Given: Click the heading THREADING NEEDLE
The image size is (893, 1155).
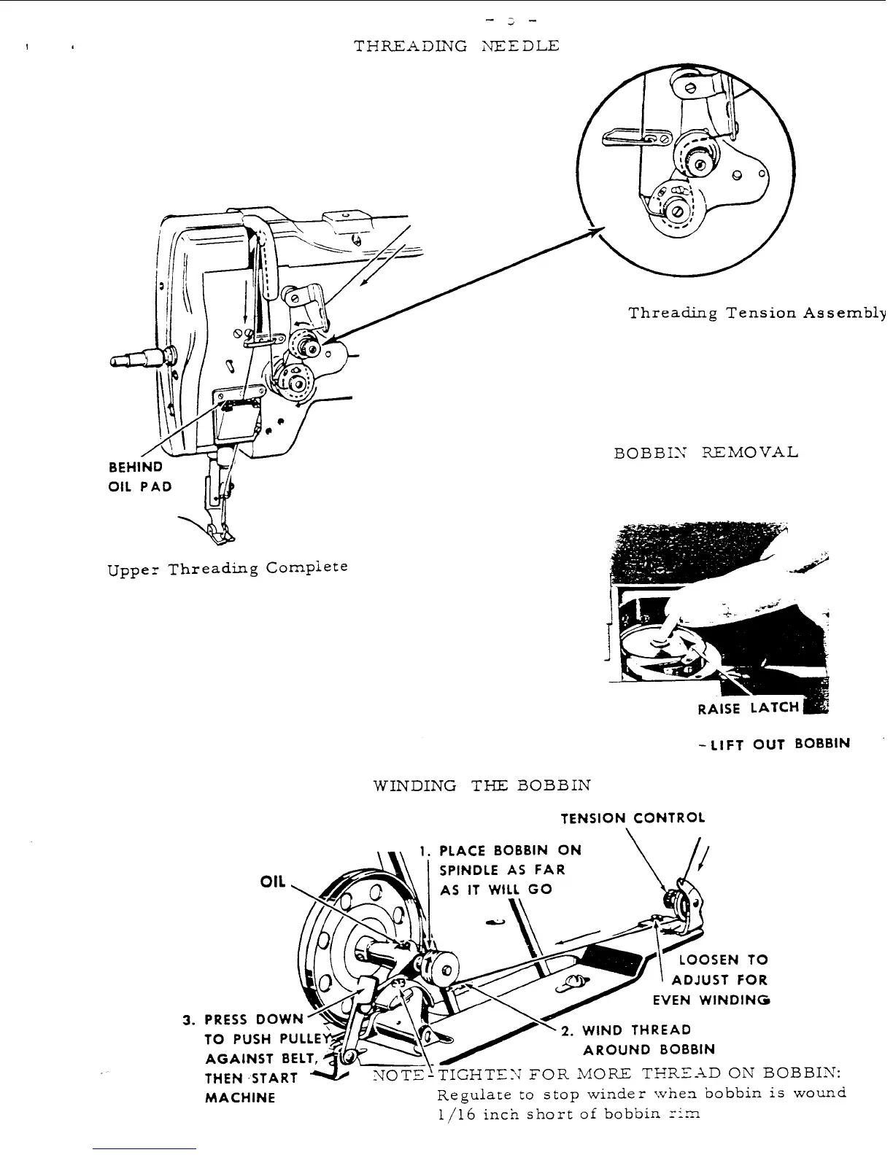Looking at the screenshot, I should pos(457,47).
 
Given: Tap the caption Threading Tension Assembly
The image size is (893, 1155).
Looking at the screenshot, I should pos(757,314).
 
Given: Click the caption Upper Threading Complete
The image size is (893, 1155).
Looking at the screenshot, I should pos(227,568).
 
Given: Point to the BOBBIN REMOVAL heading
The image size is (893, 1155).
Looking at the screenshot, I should pos(706,453).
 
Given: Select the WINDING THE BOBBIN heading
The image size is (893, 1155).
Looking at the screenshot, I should pos(482,786).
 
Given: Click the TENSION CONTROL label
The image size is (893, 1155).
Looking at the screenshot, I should pos(633,818).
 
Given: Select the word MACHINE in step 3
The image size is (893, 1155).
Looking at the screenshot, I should pos(240,1097).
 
